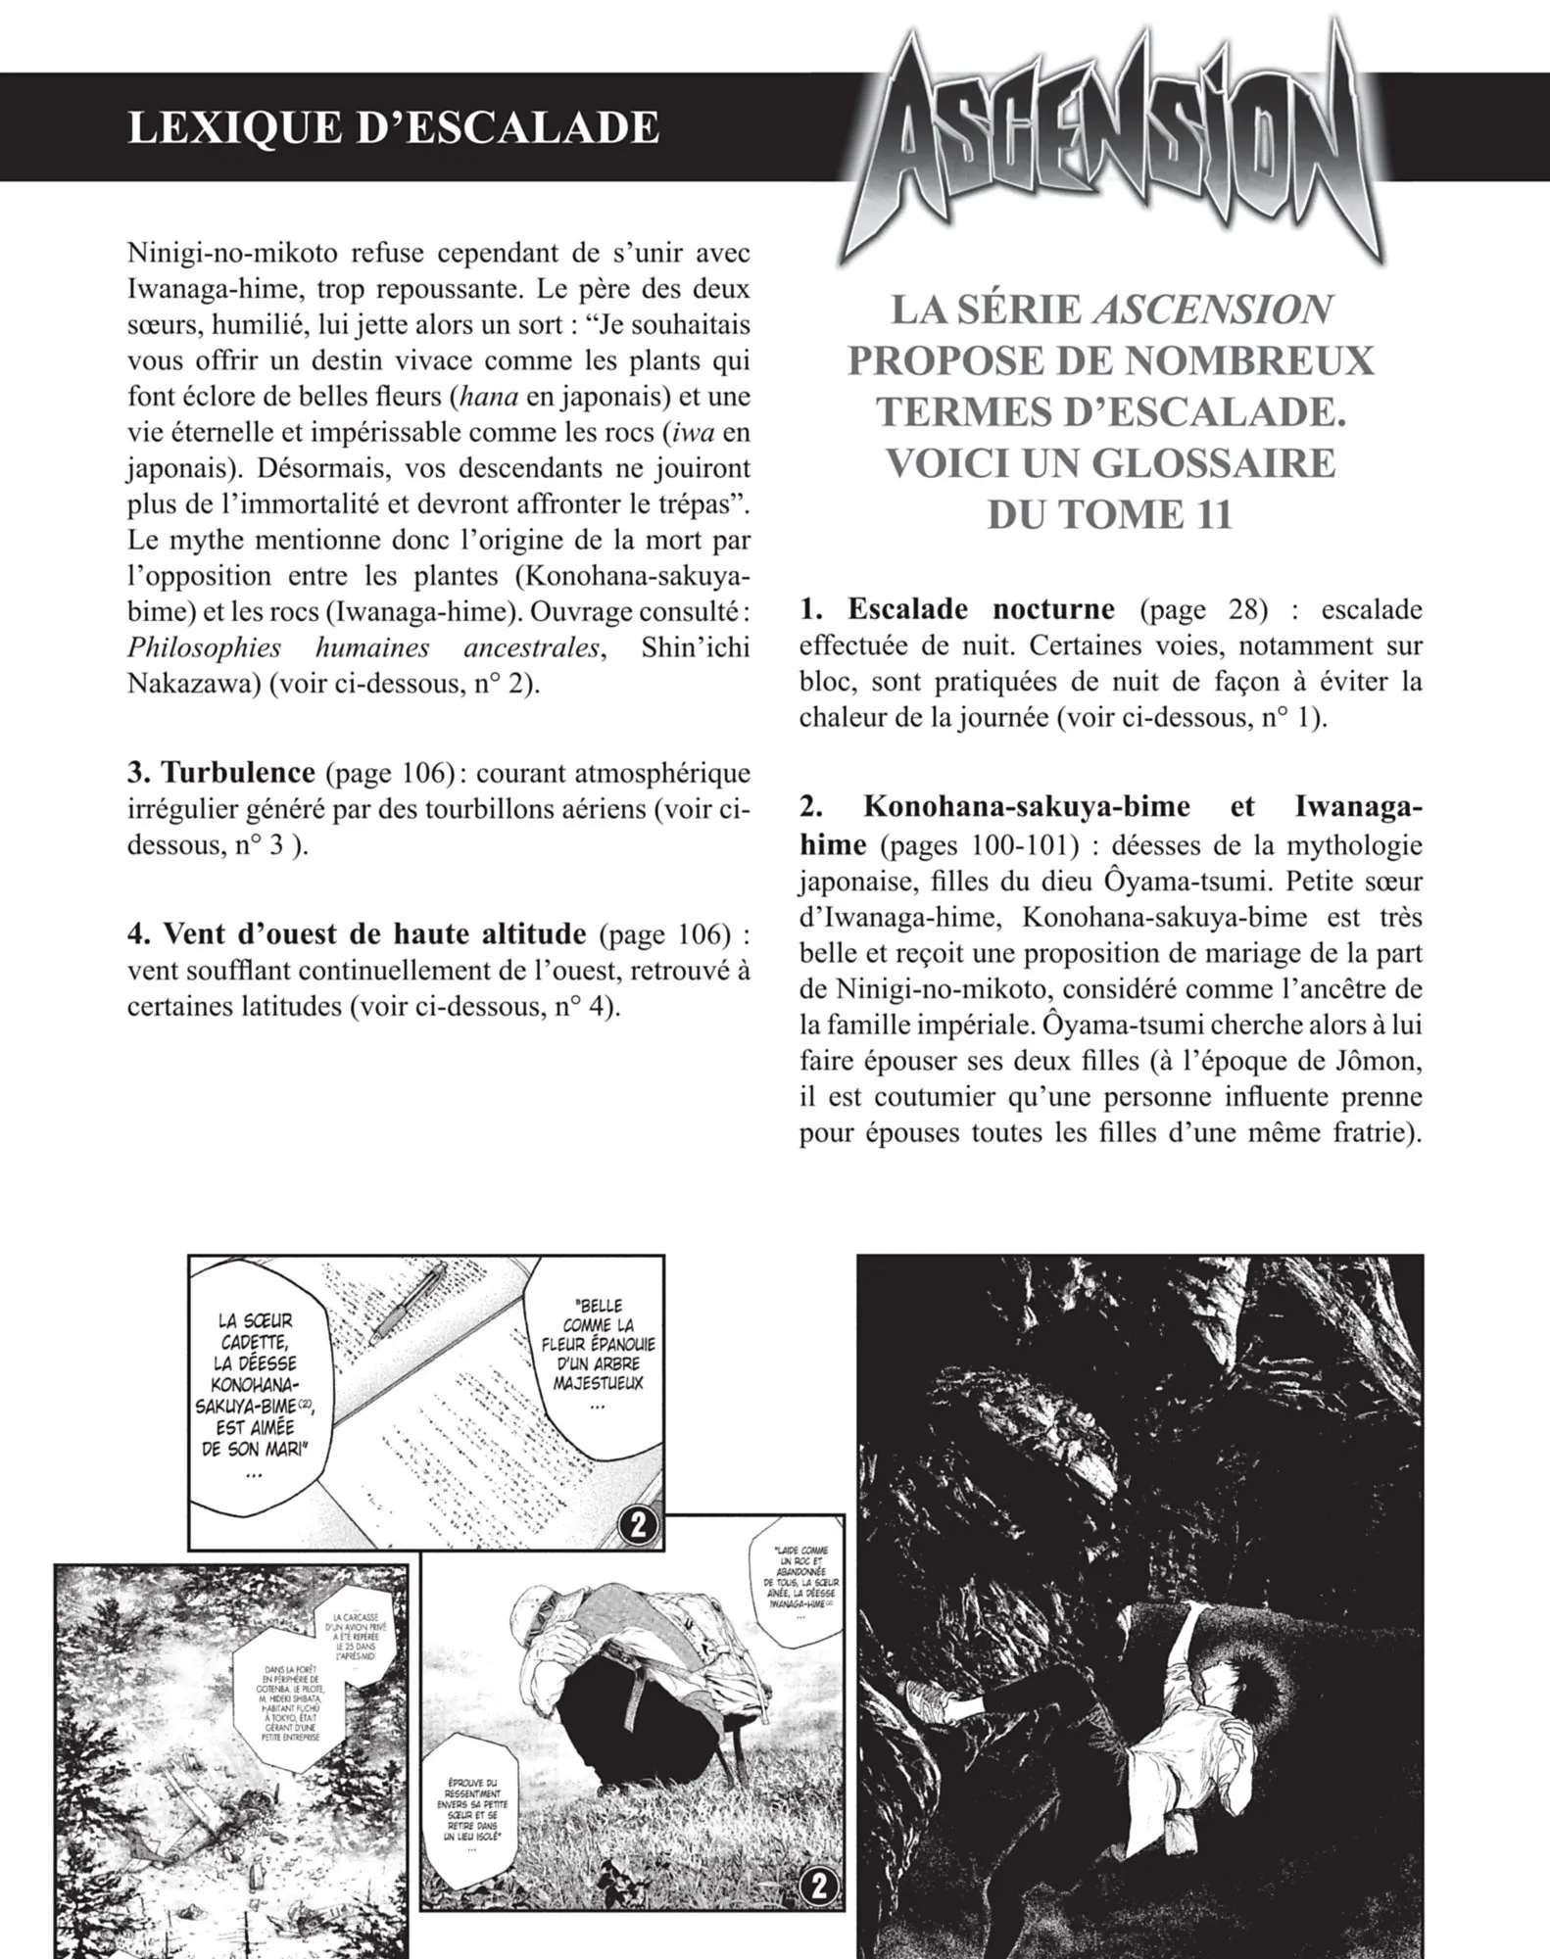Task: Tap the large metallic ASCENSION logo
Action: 1107,147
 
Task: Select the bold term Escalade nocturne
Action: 981,609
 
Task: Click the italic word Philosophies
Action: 204,647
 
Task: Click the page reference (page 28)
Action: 1203,609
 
